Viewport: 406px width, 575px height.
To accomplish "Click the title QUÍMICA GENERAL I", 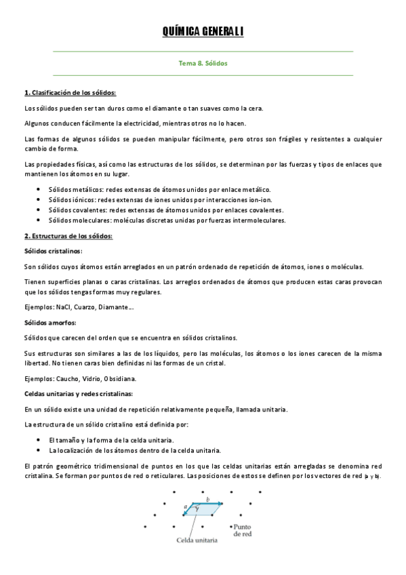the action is (x=203, y=31).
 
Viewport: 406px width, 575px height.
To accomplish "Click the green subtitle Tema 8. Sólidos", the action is (x=203, y=62).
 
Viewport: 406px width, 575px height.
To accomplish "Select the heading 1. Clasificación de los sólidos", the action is (x=70, y=92).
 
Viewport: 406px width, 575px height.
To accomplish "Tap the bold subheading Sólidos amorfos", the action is (x=50, y=322).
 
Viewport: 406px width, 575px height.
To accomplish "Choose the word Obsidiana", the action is (x=119, y=378).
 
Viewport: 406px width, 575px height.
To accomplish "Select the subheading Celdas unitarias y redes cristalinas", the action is (x=79, y=393).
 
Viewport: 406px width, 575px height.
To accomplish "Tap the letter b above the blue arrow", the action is (x=207, y=499).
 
